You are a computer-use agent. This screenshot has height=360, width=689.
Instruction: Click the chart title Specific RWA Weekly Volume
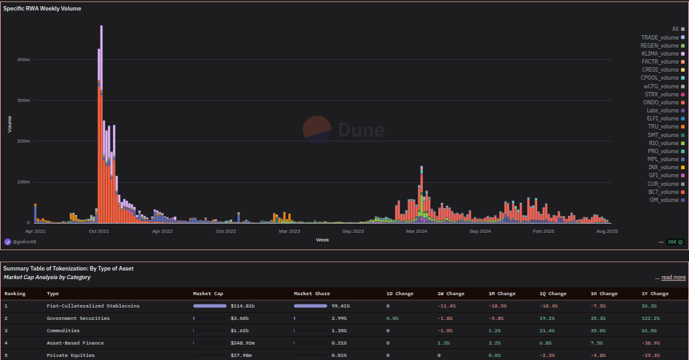point(42,9)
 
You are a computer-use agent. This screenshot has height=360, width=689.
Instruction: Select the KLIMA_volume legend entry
point(660,54)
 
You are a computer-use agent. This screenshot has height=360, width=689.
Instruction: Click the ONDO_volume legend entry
point(660,103)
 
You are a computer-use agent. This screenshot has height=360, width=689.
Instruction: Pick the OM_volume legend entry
point(664,200)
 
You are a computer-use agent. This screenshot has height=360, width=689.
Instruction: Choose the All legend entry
point(675,29)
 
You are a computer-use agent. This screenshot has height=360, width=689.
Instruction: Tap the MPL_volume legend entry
point(662,159)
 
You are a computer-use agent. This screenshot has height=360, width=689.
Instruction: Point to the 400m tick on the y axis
point(23,60)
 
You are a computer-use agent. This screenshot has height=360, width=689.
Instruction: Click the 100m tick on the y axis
point(23,182)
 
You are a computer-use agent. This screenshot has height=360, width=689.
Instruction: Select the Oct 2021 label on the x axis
point(99,231)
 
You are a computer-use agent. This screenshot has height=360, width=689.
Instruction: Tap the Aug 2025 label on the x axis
point(608,231)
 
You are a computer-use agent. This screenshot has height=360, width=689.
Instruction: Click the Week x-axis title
point(322,239)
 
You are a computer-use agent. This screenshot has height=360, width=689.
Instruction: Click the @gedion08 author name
point(24,242)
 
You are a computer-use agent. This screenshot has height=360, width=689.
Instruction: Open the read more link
point(673,278)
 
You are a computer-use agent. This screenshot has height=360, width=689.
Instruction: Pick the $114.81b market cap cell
point(242,306)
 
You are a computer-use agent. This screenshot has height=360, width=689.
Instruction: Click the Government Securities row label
point(78,319)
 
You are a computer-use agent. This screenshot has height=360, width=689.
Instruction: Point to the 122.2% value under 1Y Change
point(651,319)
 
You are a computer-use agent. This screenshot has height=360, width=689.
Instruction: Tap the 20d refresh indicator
point(675,241)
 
